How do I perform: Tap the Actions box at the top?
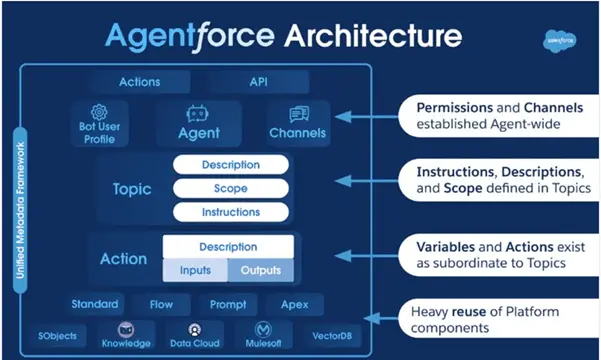[x=139, y=81]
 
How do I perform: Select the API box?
[x=258, y=81]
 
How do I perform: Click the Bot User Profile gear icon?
[x=99, y=113]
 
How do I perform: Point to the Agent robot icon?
[x=197, y=113]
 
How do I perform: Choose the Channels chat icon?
[x=298, y=114]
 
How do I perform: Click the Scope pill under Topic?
[x=230, y=188]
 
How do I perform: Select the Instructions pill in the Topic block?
[x=230, y=212]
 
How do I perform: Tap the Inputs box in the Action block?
[x=195, y=271]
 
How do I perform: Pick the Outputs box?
[x=260, y=271]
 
